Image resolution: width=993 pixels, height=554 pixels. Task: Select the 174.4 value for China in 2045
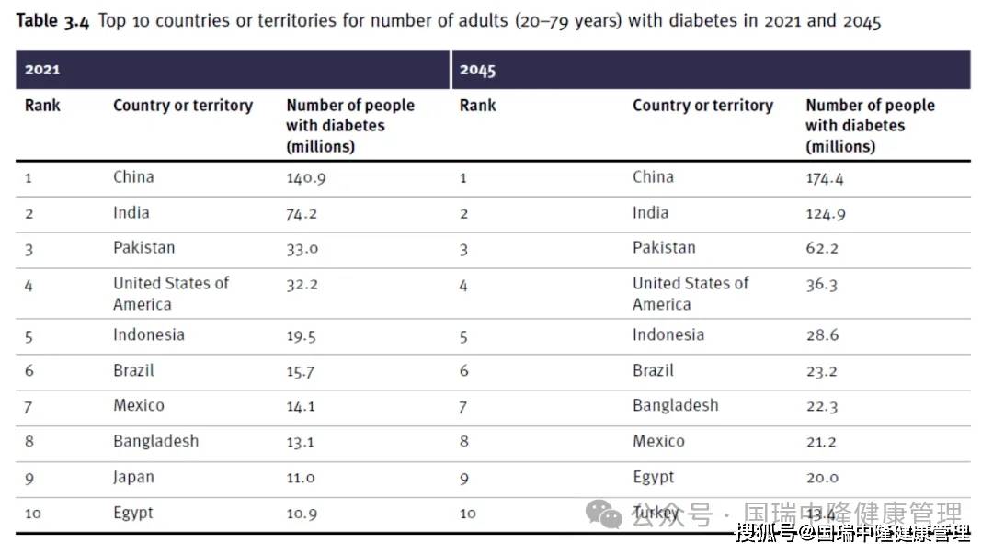coord(824,178)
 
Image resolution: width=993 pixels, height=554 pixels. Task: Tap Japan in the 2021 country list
coord(133,478)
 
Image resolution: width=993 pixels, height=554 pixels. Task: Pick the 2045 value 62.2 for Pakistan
coord(822,249)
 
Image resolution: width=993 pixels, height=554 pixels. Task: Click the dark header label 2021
coord(42,70)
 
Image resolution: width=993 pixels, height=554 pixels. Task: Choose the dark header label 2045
coord(478,70)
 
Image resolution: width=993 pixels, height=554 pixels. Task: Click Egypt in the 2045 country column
coord(653,478)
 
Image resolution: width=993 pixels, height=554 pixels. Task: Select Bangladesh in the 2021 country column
coord(155,442)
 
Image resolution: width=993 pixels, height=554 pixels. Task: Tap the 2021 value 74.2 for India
coord(301,214)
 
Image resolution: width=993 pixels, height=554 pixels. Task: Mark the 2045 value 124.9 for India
coord(826,214)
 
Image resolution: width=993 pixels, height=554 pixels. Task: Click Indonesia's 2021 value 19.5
coord(301,336)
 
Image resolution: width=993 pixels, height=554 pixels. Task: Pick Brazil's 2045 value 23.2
coord(822,372)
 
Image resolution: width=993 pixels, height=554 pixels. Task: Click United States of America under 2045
coord(690,294)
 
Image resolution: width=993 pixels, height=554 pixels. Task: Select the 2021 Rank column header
coord(42,106)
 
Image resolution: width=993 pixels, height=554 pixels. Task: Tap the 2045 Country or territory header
coord(702,106)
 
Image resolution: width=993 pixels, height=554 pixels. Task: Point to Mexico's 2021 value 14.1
coord(300,407)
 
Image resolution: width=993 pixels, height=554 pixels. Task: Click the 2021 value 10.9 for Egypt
coord(301,514)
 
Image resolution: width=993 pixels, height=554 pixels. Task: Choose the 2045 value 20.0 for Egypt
coord(822,478)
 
